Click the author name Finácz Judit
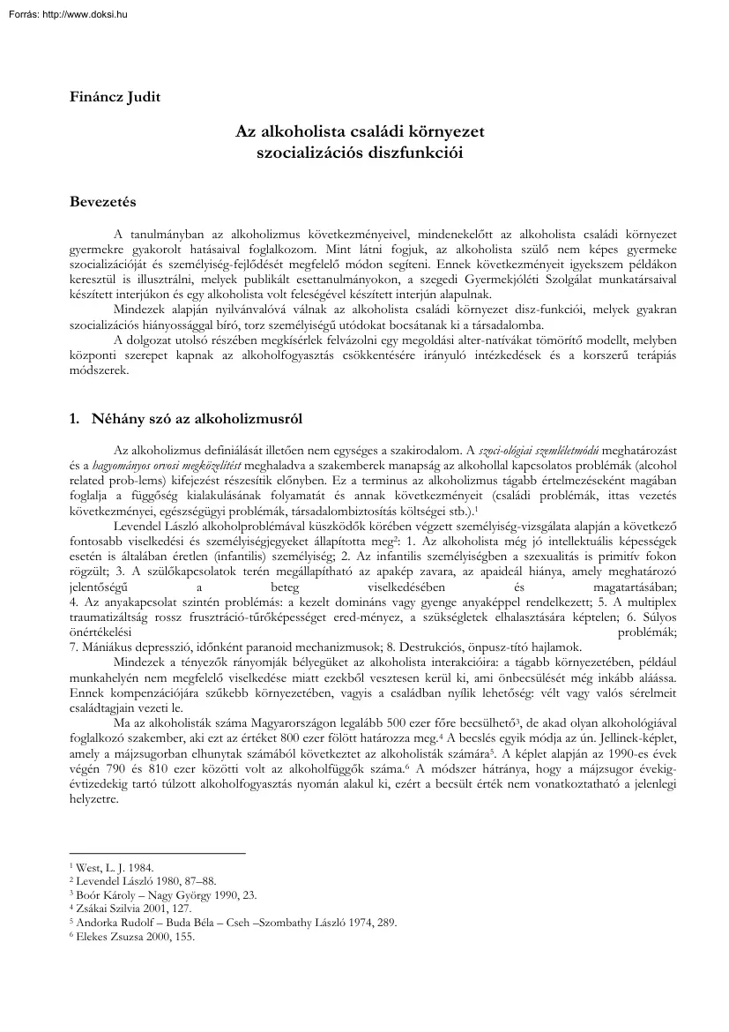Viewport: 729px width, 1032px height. pyautogui.click(x=112, y=97)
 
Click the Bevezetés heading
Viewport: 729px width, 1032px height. pyautogui.click(x=102, y=202)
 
